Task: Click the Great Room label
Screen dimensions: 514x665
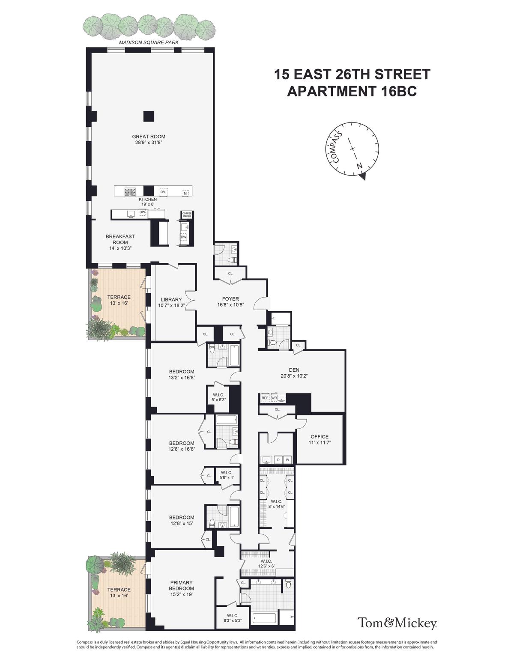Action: coord(149,137)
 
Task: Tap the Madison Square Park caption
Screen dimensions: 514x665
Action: coord(149,42)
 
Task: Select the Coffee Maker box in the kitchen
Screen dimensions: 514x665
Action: coord(187,215)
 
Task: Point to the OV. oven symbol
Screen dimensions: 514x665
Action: coord(163,192)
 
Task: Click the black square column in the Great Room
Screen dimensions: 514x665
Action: coord(149,116)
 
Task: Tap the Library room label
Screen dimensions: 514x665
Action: coord(171,300)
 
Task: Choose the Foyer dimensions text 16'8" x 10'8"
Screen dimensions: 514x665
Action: coord(230,305)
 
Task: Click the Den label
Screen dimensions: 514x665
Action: coord(294,370)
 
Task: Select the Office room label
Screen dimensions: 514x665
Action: coord(320,437)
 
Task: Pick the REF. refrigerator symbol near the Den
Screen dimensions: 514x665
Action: coord(265,398)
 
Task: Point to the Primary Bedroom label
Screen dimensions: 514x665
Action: coord(182,585)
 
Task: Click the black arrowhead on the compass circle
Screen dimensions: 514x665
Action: coord(363,176)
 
